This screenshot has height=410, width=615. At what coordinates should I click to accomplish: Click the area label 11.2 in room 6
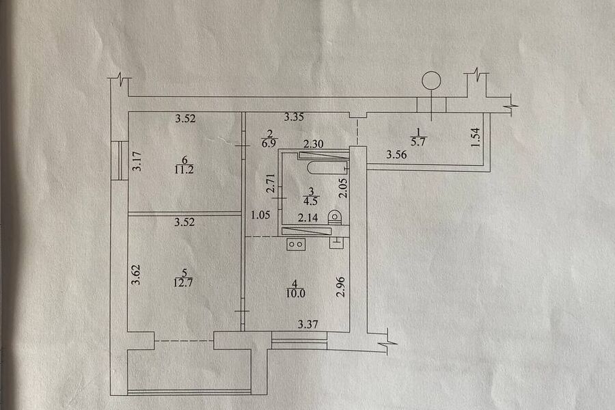click(183, 170)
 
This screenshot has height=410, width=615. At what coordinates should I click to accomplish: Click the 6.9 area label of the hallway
click(269, 144)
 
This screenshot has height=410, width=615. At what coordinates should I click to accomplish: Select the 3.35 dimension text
click(295, 118)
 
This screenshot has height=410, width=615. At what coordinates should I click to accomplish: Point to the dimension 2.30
click(314, 144)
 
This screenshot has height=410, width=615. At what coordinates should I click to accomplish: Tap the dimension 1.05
click(260, 217)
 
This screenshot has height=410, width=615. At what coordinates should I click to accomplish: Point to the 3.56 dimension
click(397, 155)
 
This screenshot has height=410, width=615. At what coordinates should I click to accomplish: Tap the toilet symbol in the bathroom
click(335, 218)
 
